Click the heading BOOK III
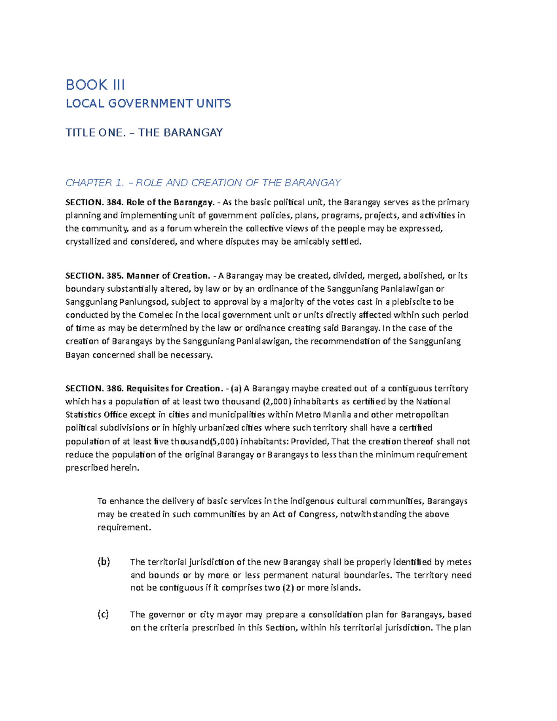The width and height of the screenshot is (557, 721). [95, 85]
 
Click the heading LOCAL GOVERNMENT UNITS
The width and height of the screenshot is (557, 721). [148, 104]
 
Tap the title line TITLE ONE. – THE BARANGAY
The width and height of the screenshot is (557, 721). [144, 133]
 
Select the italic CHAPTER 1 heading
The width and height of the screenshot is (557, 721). [203, 183]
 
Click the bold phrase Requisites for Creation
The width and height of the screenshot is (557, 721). [175, 388]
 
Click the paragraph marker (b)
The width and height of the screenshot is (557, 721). [104, 562]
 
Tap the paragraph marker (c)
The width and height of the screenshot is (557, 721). [103, 615]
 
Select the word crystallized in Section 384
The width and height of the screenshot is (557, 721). [88, 242]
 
